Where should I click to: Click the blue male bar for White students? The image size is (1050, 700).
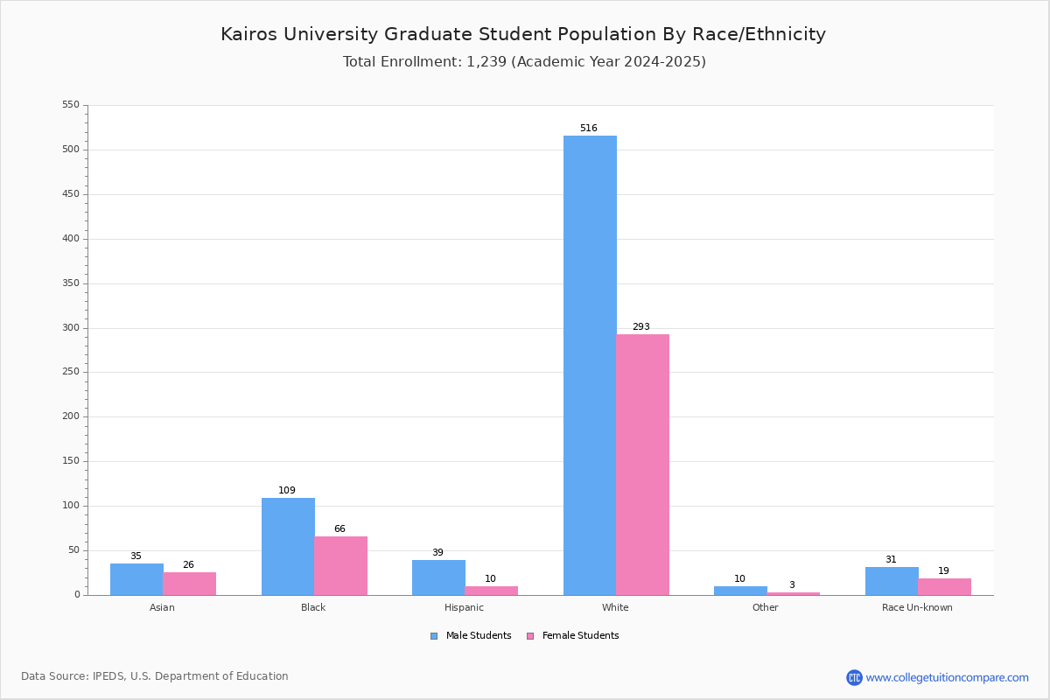click(x=590, y=365)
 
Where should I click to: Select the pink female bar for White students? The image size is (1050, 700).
click(x=642, y=465)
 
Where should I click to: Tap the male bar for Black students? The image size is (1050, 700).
click(x=288, y=547)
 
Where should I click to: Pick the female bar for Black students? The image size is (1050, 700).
click(x=340, y=566)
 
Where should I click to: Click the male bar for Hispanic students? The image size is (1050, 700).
click(x=438, y=577)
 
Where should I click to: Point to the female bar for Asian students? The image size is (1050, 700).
click(x=189, y=584)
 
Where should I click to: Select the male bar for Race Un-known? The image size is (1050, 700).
click(x=892, y=581)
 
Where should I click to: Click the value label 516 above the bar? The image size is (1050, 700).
click(x=589, y=128)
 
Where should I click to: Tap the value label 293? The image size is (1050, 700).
click(x=641, y=326)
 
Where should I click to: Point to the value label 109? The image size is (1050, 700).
click(x=287, y=490)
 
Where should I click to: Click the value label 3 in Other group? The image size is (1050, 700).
click(x=792, y=584)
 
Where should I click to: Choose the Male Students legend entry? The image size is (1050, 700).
click(x=471, y=636)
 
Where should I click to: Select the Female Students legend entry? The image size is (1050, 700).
click(x=573, y=636)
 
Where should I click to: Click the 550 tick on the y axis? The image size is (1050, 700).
click(x=71, y=104)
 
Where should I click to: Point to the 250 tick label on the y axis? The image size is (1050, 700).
click(x=71, y=372)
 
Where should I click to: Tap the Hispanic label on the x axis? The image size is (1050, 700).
click(x=464, y=607)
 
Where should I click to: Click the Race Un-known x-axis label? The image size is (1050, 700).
click(x=917, y=607)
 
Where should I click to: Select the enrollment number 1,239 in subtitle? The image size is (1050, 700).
click(x=486, y=62)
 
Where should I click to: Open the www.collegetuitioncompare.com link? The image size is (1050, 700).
click(x=947, y=677)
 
